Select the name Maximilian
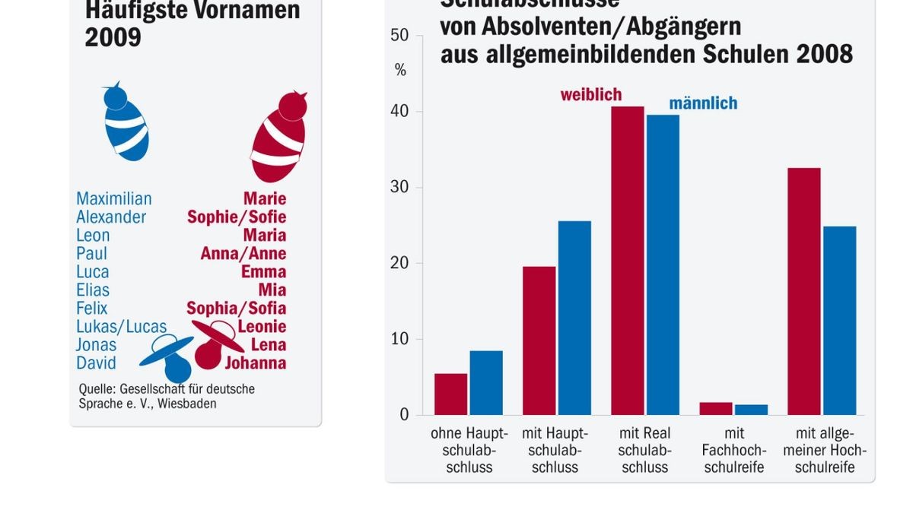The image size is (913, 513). coord(113,198)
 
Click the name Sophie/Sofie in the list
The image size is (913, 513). coord(237,217)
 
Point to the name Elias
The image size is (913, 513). coord(93,290)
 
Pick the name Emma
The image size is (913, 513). coord(263,271)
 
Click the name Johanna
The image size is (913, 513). coord(255,363)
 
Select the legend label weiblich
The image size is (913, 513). coord(591,95)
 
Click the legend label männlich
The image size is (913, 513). coord(703,103)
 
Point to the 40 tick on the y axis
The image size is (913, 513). coord(399,112)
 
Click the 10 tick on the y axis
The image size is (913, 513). coord(399,339)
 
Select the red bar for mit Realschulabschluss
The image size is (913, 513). coord(627,261)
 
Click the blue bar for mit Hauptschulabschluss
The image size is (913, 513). coord(574,318)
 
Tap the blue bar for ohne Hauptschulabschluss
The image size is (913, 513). coord(486,382)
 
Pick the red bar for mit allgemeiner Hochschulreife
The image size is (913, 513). coord(804,291)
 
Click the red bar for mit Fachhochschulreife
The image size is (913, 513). coord(716,408)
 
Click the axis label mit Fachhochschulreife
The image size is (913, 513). coord(733,450)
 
